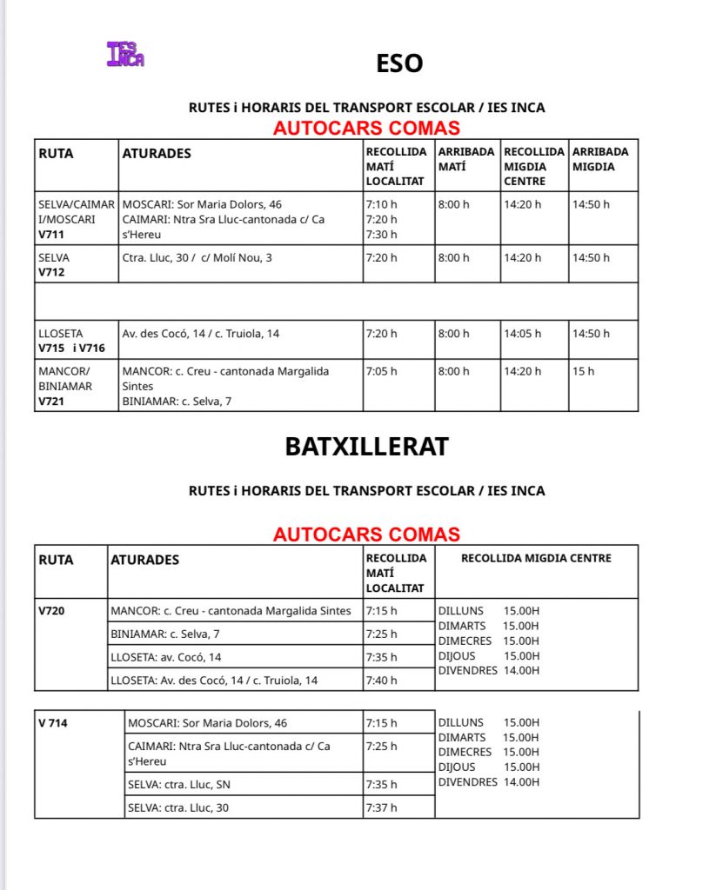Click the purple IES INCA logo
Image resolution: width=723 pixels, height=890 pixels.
pos(125,54)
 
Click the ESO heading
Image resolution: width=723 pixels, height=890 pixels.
pos(399,63)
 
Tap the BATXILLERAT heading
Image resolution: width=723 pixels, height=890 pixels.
pos(366,447)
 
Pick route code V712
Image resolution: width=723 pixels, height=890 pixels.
pos(51,272)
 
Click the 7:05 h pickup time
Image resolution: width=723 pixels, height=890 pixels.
pos(381,371)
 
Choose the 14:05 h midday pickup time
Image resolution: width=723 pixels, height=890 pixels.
pos(522,334)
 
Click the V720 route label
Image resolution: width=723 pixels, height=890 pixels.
pos(51,611)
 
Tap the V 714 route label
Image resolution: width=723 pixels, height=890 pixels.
pos(53,723)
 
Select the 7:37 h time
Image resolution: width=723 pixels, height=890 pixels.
pos(381,807)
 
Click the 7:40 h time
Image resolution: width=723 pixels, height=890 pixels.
pos(381,681)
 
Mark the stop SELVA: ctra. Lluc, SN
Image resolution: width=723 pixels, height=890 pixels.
pos(179,785)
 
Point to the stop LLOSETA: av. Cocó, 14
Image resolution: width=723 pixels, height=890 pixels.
pos(166,657)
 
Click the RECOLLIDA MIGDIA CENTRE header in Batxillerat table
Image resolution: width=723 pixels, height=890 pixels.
pos(536,558)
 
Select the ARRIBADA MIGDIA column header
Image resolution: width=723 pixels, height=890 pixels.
pos(599,159)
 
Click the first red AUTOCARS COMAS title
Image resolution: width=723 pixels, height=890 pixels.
pos(365,129)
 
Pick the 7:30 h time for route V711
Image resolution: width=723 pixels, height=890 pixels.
pos(381,235)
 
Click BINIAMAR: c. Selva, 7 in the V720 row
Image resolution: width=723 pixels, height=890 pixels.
pos(165,634)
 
